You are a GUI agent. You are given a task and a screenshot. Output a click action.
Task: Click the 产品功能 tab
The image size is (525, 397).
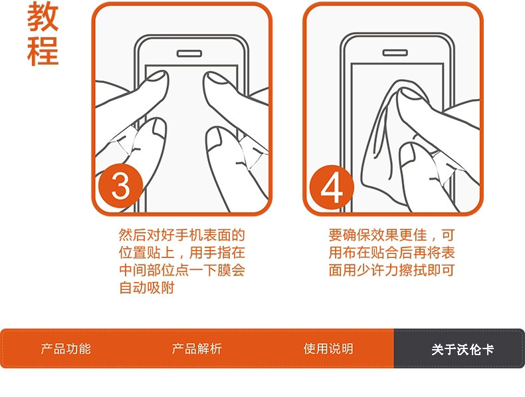tap(66, 348)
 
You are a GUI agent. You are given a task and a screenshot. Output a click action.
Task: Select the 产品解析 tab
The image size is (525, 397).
tap(197, 348)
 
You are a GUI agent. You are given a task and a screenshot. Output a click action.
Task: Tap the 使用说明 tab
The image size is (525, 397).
tap(328, 348)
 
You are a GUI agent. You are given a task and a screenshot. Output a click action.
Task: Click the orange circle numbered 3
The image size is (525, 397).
tap(120, 186)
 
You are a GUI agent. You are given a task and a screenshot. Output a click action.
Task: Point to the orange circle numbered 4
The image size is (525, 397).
tap(332, 187)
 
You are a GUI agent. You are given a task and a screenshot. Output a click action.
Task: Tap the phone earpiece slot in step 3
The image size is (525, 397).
tap(189, 54)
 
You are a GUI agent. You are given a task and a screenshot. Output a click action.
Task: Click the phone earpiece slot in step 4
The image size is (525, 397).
tap(395, 53)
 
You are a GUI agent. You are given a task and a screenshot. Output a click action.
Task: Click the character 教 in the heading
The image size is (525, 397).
tap(43, 17)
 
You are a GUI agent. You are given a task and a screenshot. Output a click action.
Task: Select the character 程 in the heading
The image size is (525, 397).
tap(43, 51)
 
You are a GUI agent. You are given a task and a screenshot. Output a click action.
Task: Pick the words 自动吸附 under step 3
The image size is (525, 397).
tap(147, 288)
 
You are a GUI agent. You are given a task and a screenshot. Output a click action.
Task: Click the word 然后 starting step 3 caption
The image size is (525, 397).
tap(133, 235)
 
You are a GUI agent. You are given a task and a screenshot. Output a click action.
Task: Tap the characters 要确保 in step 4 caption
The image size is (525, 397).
tap(350, 235)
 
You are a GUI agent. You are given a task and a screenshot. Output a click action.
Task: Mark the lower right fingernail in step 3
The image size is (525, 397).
tap(214, 138)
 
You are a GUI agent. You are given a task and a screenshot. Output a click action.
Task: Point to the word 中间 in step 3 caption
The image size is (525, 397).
tap(133, 271)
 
